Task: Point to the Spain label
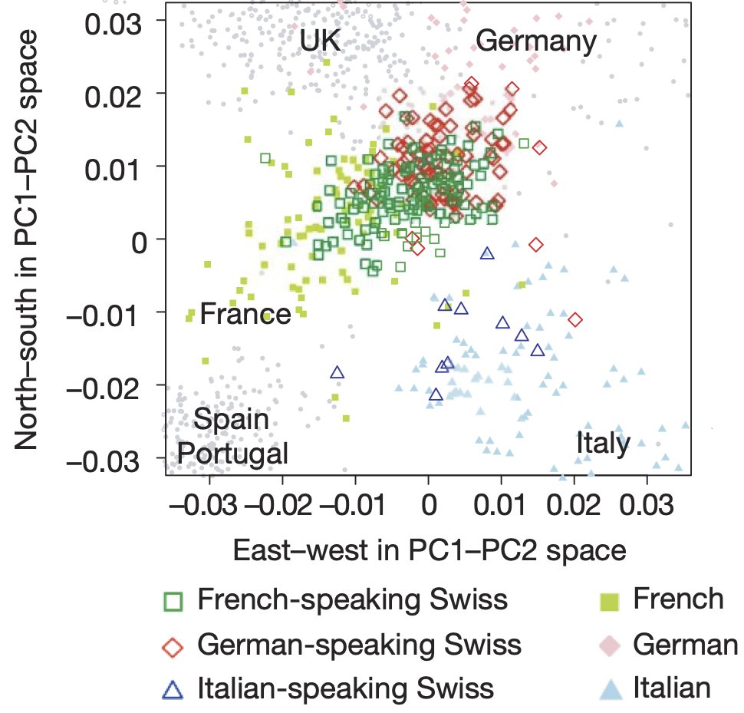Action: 231,421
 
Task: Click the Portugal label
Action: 232,453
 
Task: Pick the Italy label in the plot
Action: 603,444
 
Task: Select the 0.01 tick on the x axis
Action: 501,507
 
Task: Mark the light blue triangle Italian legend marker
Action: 608,686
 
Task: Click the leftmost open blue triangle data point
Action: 337,372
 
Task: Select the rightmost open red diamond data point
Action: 574,319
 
